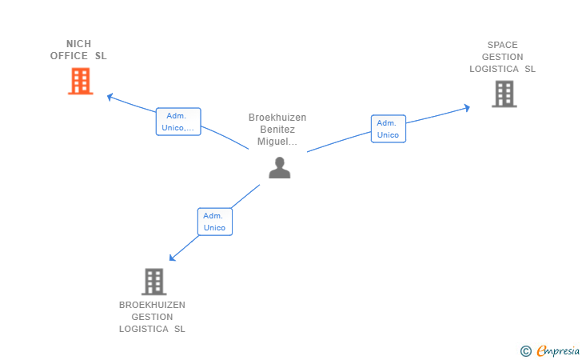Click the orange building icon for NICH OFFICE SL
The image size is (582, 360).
80,81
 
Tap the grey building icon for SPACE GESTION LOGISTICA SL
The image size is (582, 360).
504,94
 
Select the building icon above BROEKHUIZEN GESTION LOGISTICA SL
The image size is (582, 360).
153,281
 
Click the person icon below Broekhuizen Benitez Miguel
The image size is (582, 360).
279,167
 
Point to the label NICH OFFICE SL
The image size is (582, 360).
78,50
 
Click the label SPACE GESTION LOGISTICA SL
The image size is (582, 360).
502,57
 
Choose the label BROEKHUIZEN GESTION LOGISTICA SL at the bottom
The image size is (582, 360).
152,317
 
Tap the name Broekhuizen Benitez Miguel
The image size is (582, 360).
277,130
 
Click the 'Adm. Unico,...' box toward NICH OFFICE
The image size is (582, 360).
177,122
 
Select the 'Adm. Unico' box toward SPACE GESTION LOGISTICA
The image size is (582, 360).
388,129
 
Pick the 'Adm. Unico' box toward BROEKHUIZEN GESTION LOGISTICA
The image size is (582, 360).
214,222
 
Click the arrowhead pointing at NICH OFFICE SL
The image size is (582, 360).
110,97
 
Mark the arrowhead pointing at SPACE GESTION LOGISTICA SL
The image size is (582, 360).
467,107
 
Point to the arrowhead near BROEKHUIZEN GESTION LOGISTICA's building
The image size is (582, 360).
173,258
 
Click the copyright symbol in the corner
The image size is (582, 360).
525,350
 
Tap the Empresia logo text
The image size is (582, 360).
558,350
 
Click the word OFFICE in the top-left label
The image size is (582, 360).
69,56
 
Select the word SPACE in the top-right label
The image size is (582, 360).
502,45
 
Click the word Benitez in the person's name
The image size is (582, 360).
277,130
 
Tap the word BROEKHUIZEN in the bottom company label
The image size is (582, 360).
152,305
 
